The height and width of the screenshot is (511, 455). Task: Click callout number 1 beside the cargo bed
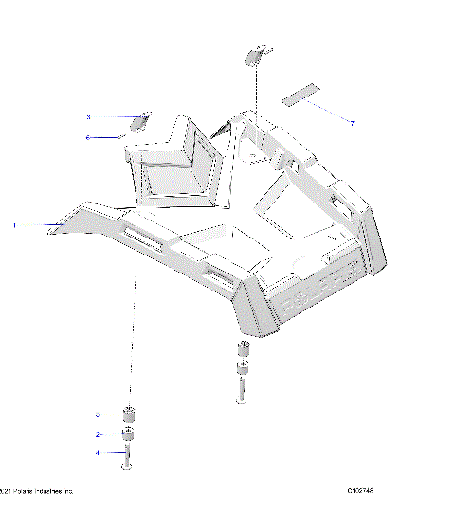[15, 225]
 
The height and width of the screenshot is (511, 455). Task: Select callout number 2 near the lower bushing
[97, 434]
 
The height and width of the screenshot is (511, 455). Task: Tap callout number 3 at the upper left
[88, 117]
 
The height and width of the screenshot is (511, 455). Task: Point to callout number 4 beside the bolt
[97, 453]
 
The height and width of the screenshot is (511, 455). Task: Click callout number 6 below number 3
[88, 137]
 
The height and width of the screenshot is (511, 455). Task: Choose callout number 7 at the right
[353, 124]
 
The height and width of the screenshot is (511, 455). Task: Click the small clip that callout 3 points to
[139, 120]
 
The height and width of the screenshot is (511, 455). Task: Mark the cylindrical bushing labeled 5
[128, 414]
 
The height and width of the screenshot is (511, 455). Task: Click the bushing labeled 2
[128, 435]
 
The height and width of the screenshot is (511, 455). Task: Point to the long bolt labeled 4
[128, 459]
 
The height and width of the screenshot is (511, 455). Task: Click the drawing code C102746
[362, 491]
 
